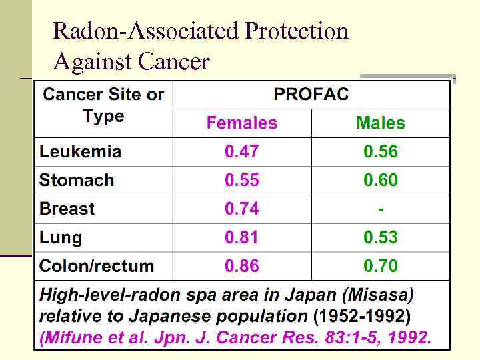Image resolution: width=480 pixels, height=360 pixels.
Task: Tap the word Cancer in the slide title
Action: click(174, 62)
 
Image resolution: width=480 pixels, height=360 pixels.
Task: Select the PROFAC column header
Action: click(311, 94)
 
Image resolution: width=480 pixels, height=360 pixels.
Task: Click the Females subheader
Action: click(242, 123)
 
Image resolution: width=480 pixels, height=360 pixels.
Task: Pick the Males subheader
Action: click(381, 123)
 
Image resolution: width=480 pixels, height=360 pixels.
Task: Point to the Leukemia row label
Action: click(81, 151)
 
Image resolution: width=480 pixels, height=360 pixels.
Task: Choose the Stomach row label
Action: click(77, 180)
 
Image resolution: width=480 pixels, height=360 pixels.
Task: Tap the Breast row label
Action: click(67, 209)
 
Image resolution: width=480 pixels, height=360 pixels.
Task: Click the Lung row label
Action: click(61, 237)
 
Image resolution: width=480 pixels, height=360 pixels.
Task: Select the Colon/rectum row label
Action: click(97, 266)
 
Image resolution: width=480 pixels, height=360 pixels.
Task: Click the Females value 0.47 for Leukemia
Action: click(242, 151)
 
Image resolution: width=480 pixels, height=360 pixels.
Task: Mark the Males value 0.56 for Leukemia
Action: click(381, 151)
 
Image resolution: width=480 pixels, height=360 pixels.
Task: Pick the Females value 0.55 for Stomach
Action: click(242, 180)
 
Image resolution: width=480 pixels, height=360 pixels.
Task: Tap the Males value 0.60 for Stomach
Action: click(381, 180)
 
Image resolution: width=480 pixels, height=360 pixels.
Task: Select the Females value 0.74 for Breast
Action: click(242, 209)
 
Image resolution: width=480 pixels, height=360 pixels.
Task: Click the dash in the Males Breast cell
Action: click(381, 209)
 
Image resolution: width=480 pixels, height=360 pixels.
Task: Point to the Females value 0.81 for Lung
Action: click(242, 237)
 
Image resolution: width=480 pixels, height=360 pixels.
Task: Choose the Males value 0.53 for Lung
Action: click(381, 237)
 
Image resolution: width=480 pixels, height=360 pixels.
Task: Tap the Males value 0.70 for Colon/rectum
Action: click(381, 266)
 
